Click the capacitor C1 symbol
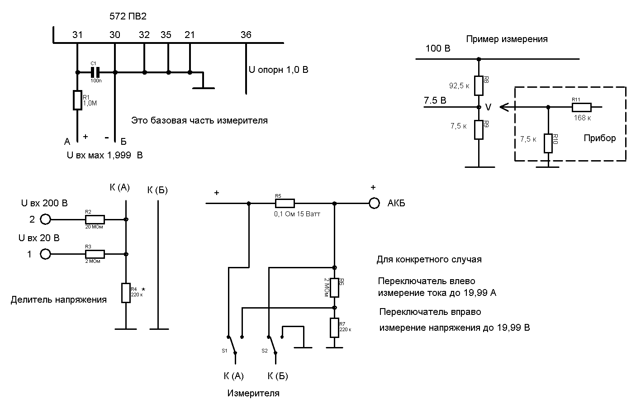coord(95,72)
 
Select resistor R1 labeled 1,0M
coord(77,100)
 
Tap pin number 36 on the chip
coord(246,35)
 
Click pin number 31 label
coord(77,35)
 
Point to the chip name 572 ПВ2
coord(128,17)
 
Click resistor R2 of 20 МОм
coord(95,219)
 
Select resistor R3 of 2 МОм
coord(95,254)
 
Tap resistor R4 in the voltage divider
coord(126,293)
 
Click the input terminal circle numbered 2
coord(45,219)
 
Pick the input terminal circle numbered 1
coord(45,254)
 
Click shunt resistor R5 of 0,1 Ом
coord(285,203)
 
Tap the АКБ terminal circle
coord(374,203)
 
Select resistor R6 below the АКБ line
coord(334,287)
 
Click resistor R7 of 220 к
coord(334,328)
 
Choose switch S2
coord(272,346)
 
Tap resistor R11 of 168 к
coord(581,107)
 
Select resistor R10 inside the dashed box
coord(548,143)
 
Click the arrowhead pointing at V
coord(503,107)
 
